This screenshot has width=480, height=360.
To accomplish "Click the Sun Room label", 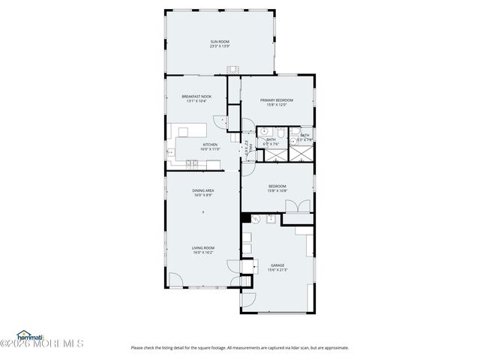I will coord(219,41).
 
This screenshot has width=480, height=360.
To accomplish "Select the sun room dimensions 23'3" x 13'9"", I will coord(219,46).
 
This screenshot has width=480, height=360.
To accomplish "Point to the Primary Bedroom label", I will coord(276,100).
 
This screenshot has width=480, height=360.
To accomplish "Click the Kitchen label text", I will coord(210,145).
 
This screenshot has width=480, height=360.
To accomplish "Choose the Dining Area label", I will coord(203,190).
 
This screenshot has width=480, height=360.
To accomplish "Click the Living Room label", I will coord(203,248).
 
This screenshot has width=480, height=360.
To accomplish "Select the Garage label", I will coord(277,265).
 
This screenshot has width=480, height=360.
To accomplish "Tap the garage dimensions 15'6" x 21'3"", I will coord(277,270).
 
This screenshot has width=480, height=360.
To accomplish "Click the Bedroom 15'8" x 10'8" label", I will coord(277,188).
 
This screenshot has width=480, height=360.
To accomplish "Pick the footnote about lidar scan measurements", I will coord(240,347).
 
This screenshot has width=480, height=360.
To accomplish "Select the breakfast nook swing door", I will coord(217,119).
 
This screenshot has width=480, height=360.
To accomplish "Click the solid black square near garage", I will coord(244,218).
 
